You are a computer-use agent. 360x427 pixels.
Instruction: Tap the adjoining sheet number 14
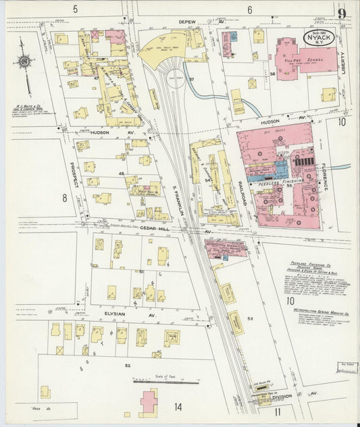(178, 407)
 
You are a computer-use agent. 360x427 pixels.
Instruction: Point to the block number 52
(127, 365)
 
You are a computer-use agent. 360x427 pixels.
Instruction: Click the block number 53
(250, 318)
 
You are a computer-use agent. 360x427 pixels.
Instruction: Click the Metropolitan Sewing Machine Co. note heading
(312, 309)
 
